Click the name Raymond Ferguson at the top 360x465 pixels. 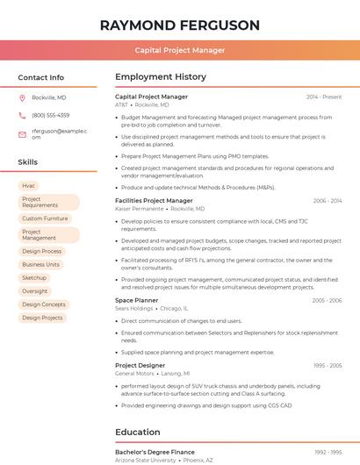tap(180, 25)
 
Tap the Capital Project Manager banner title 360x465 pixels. tap(180, 50)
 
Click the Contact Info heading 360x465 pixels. tap(41, 77)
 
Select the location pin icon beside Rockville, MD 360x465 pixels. tap(22, 97)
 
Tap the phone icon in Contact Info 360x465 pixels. tap(22, 115)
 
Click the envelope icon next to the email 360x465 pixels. tap(22, 134)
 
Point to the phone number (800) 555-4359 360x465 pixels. tap(51, 115)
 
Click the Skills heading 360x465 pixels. tap(28, 162)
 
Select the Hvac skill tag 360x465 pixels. tap(29, 186)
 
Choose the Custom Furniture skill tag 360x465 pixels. tap(45, 218)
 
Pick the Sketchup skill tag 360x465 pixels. tap(34, 278)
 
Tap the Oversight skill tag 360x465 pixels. tap(35, 291)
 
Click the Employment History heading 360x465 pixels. tap(161, 77)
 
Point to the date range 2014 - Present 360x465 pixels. tap(324, 97)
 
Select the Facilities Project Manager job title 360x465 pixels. tap(154, 201)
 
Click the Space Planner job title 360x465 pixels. tap(137, 300)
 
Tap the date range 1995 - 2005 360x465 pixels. tap(327, 365)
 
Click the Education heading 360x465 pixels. tap(138, 432)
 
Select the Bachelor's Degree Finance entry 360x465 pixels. tap(155, 452)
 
